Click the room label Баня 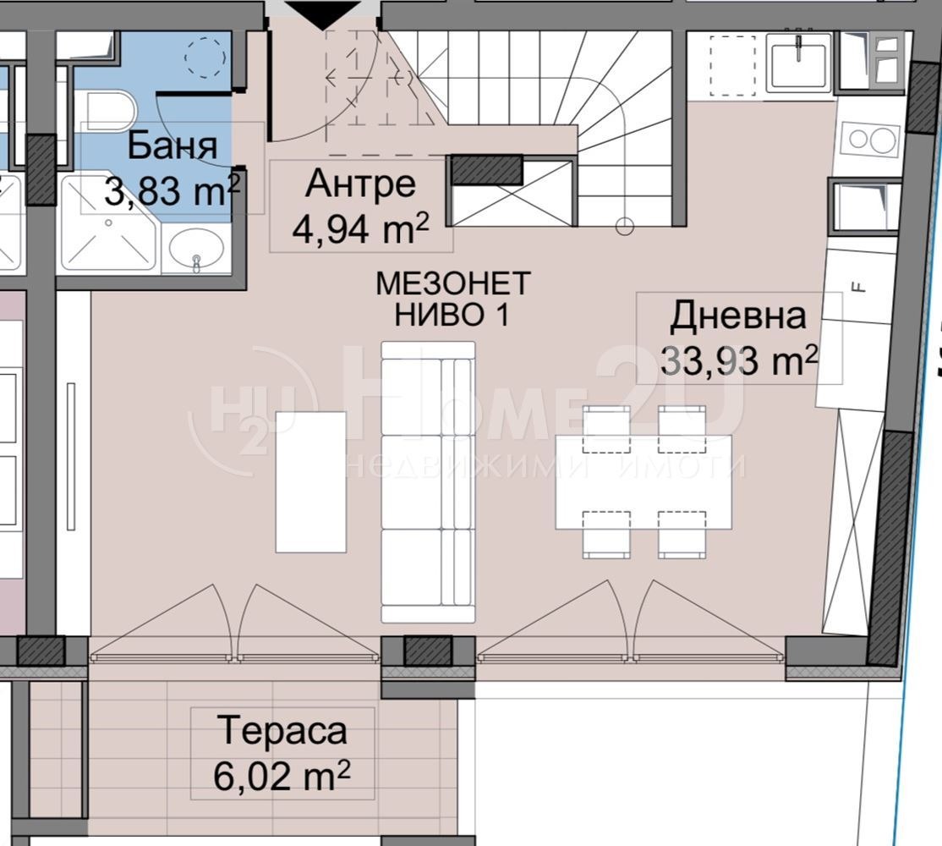tap(172, 146)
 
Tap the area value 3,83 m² tap(172, 190)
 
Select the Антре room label tap(361, 183)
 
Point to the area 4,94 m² tap(361, 228)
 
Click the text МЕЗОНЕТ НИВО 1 tap(452, 299)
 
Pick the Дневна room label tap(738, 316)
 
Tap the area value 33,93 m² tap(738, 361)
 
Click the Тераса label tap(282, 729)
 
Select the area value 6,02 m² tap(282, 775)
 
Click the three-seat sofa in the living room tap(428, 482)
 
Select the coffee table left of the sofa tap(311, 482)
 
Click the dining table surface tap(644, 482)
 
